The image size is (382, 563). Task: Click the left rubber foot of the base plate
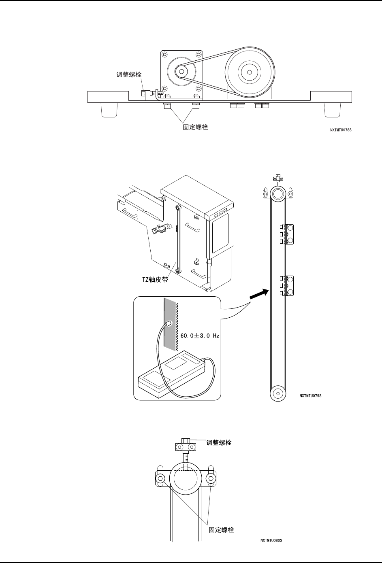(109, 109)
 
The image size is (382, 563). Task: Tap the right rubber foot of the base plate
(333, 109)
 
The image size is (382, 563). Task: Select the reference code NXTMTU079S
(311, 395)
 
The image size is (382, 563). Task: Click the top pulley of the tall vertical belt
(278, 194)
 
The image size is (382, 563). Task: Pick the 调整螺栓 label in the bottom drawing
(219, 442)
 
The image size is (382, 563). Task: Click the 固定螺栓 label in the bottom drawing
(221, 529)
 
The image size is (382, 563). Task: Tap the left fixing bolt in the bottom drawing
(160, 479)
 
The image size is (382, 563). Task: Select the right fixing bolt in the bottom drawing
(211, 479)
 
